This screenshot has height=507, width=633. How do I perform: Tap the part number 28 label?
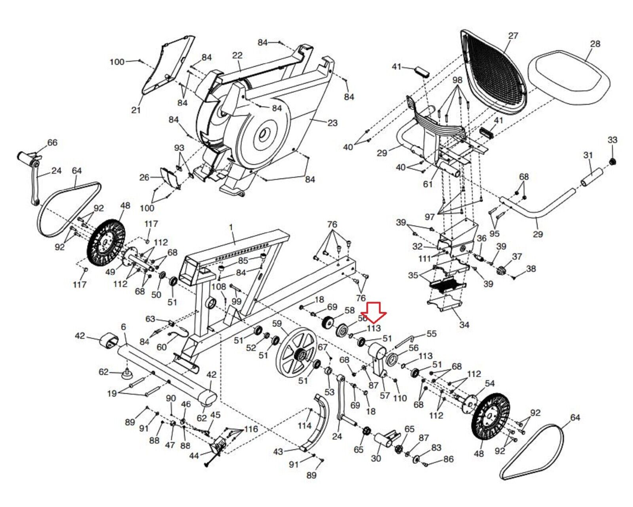point(595,44)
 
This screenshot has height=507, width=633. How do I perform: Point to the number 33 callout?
point(612,140)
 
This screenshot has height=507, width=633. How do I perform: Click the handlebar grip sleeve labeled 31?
point(592,177)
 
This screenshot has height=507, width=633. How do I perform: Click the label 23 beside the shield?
point(332,123)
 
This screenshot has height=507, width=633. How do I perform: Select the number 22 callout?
point(237,55)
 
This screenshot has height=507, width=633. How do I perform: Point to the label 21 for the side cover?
point(136,110)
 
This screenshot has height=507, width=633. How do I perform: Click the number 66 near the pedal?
point(52,143)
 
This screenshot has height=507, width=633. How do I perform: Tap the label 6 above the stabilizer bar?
point(123,327)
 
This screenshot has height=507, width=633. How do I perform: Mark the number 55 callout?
point(431,334)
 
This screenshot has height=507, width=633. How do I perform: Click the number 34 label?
point(464,325)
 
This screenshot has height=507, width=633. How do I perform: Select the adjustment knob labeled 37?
point(502,272)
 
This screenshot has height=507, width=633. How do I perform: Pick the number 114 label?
point(304,426)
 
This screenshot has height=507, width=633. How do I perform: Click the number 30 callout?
point(376,458)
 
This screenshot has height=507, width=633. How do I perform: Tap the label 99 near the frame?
point(236,301)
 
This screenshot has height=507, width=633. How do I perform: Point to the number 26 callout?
point(144,177)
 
